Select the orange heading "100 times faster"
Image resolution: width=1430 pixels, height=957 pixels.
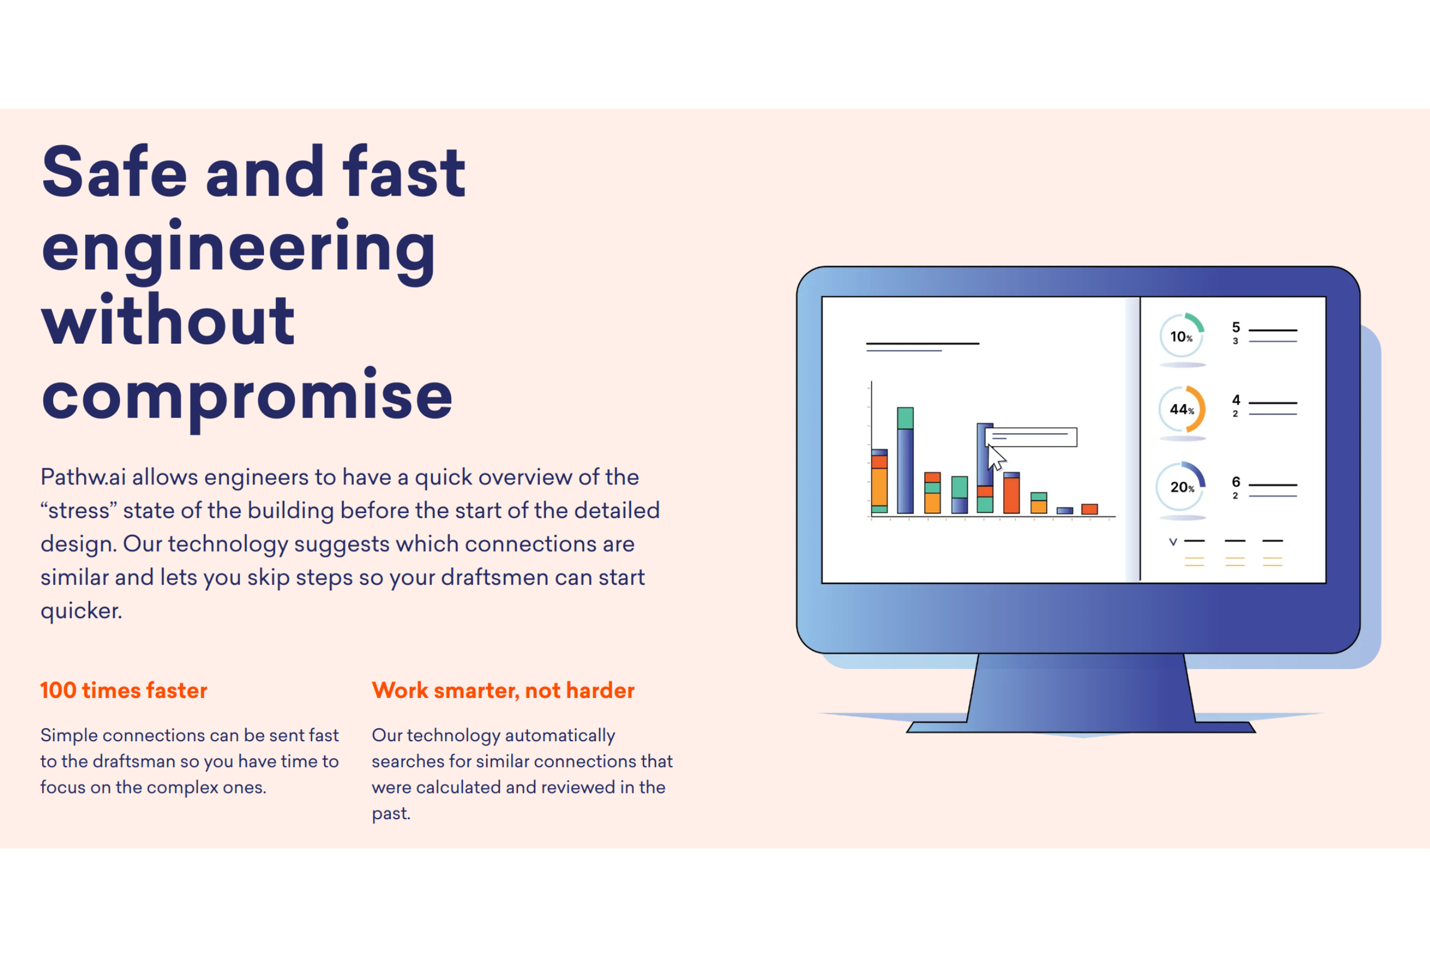click(x=124, y=691)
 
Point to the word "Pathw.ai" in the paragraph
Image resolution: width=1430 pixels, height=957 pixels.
click(x=84, y=477)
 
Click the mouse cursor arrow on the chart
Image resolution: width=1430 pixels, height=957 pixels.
click(x=997, y=458)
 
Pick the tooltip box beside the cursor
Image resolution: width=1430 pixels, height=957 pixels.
click(x=1031, y=437)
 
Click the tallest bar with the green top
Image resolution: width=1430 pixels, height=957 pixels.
click(x=905, y=460)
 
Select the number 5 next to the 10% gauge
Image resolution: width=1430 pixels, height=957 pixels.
click(x=1236, y=327)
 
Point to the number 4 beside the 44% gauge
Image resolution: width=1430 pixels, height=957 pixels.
click(x=1236, y=400)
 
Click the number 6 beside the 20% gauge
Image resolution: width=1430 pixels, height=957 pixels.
click(x=1236, y=481)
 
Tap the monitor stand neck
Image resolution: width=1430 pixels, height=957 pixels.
click(x=1081, y=688)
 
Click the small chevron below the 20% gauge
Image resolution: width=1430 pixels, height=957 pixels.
click(x=1173, y=541)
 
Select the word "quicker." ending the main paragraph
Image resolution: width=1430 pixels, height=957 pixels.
click(x=81, y=610)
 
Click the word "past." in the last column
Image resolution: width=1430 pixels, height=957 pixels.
click(x=391, y=813)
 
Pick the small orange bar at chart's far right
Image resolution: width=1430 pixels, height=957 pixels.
click(x=1090, y=509)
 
